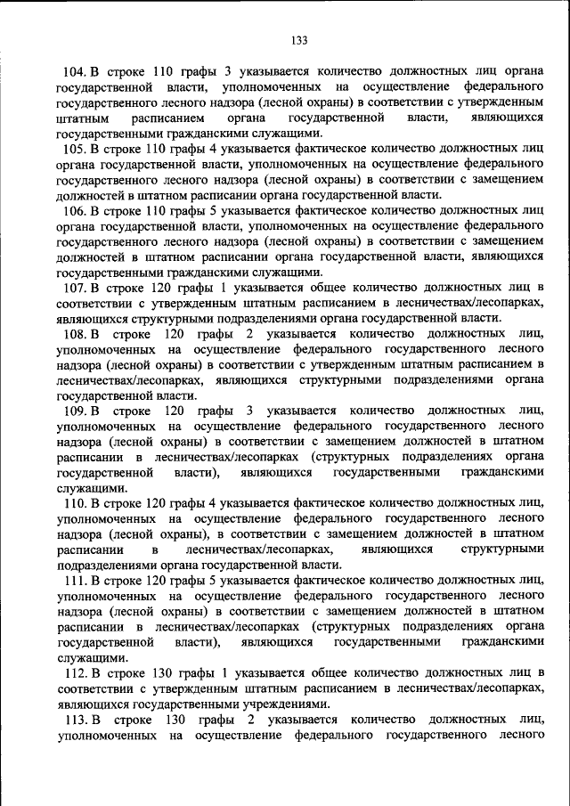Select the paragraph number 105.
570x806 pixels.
coord(74,149)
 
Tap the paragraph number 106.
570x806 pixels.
coord(74,211)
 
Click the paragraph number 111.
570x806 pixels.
coord(74,581)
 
